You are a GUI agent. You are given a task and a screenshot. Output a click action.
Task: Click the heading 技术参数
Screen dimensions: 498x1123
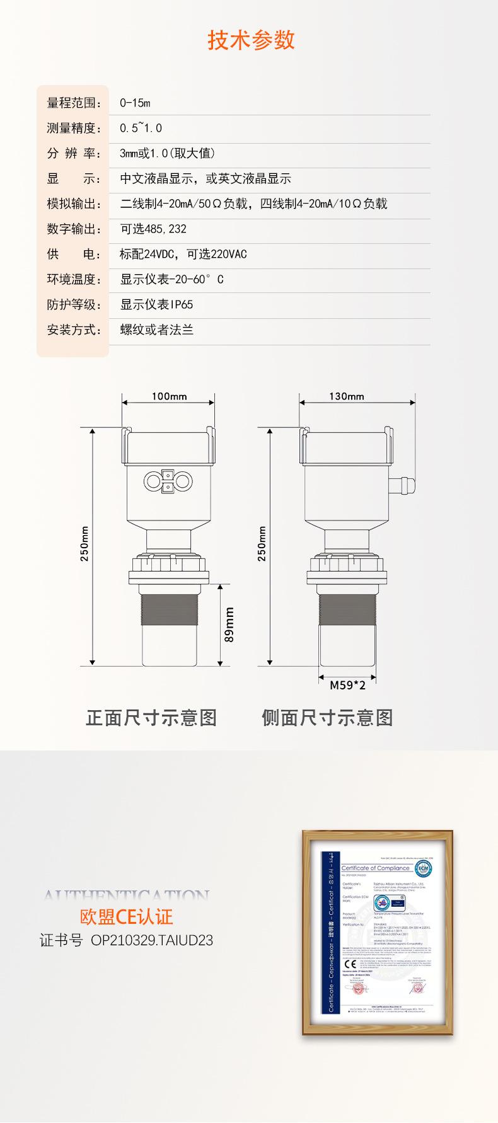point(251,40)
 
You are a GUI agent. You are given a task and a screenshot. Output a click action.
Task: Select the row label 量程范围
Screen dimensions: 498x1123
point(74,103)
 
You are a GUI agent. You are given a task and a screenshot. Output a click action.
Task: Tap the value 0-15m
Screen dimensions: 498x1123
point(135,103)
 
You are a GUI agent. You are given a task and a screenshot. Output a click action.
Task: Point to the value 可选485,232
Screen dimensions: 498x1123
point(153,229)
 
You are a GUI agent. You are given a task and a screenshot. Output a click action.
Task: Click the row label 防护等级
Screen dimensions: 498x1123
point(74,304)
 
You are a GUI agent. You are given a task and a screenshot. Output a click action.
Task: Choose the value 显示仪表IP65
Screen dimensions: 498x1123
point(156,304)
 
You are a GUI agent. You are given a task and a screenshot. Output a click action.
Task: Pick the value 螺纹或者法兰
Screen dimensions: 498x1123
point(156,330)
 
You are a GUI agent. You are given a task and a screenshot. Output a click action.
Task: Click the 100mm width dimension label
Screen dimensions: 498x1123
point(169,396)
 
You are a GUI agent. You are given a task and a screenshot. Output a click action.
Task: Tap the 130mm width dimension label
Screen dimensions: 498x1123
point(346,396)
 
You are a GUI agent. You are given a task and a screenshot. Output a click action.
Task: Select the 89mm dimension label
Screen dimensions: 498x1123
point(229,625)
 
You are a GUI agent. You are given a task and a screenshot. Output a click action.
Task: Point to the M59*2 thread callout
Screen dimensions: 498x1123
point(347,685)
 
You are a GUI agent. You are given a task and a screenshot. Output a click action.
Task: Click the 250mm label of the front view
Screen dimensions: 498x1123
point(85,543)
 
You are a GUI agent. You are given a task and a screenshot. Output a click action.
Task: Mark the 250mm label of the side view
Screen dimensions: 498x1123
point(262,543)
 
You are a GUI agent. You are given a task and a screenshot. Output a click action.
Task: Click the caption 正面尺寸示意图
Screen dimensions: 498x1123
point(151,718)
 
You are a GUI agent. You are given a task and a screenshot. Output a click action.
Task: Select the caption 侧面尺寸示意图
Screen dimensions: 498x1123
point(327,718)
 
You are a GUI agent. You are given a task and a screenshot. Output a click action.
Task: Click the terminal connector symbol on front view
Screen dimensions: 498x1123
point(168,481)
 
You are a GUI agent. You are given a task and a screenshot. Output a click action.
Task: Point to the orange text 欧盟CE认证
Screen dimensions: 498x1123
point(126,917)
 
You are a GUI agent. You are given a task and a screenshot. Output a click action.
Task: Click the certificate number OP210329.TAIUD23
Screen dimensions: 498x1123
point(152,940)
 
